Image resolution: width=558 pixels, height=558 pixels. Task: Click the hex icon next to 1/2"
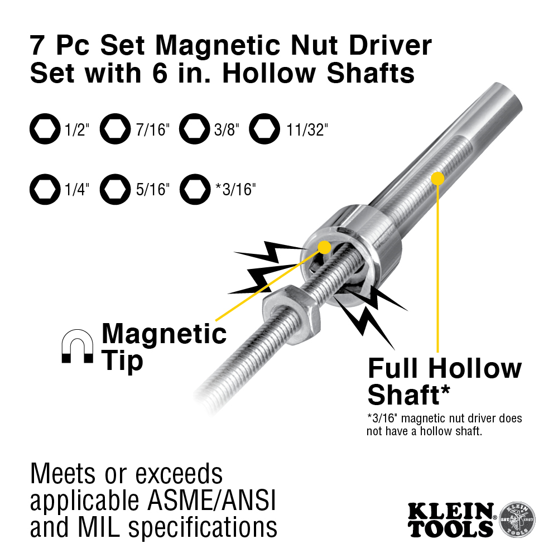(x=44, y=130)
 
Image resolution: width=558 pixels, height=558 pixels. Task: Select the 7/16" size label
(x=152, y=131)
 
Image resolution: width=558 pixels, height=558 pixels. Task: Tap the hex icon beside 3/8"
(x=194, y=130)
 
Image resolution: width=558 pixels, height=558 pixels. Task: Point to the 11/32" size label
(x=307, y=131)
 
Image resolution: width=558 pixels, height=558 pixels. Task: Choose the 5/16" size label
(x=152, y=189)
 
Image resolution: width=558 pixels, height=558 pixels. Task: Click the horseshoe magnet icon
(x=77, y=347)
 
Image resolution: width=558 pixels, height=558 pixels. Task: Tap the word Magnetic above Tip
(x=164, y=334)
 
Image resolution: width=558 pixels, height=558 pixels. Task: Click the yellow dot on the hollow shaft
(x=437, y=179)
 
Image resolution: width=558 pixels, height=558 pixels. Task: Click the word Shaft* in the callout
(x=409, y=395)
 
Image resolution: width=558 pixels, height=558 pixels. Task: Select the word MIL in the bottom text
(x=107, y=526)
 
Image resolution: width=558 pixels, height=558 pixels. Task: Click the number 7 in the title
(x=39, y=46)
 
